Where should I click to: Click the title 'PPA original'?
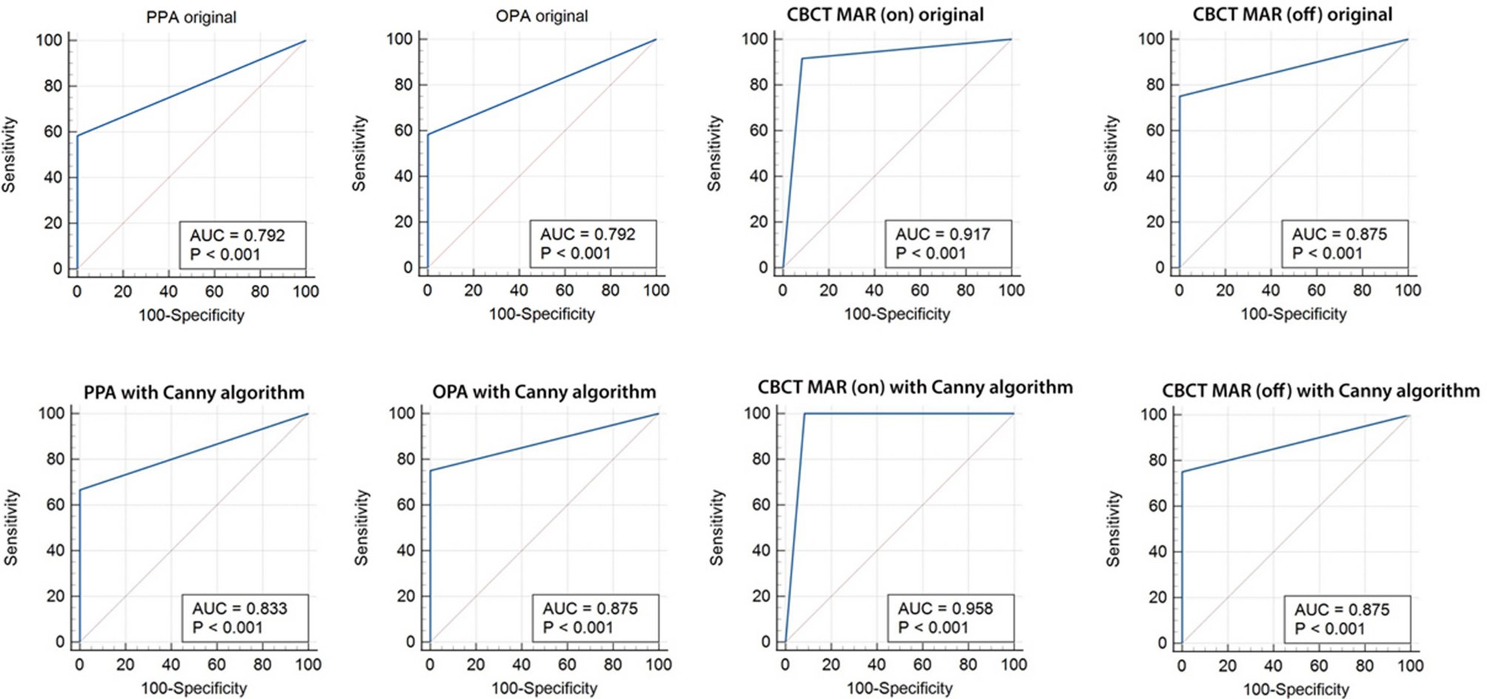[191, 17]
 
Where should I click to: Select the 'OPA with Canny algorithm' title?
[544, 392]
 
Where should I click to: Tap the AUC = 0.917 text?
[942, 235]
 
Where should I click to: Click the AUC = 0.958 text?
[945, 609]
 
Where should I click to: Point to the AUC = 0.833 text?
[239, 609]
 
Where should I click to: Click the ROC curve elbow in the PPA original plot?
[77, 136]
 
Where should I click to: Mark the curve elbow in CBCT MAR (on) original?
[802, 58]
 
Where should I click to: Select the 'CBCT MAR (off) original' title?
[1292, 15]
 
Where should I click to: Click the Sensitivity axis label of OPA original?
[359, 153]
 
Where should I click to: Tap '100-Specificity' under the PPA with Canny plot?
[194, 688]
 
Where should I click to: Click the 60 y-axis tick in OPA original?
[403, 130]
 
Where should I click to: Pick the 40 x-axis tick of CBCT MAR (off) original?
[1270, 290]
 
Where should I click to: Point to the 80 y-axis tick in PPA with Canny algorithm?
[56, 459]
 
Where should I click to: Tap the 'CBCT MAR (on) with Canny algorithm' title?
[915, 387]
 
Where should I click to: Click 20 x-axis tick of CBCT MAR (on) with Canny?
[831, 664]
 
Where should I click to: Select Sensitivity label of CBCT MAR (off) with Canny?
[1113, 529]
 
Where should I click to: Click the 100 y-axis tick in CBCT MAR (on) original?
[755, 39]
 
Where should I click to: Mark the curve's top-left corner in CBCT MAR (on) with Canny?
[805, 413]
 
